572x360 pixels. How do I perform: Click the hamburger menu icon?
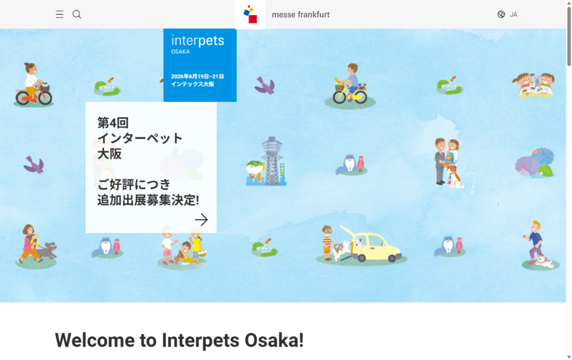(60, 15)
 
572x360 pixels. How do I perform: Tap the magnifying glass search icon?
(77, 15)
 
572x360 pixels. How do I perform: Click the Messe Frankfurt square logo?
(250, 15)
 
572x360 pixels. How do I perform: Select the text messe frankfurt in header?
(301, 15)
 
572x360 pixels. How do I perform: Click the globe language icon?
(501, 15)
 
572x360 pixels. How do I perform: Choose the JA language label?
(513, 15)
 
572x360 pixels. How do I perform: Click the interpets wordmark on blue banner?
(198, 41)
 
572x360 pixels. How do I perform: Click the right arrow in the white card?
(201, 220)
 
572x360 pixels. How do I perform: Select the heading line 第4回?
(113, 122)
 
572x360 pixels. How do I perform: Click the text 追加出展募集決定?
(148, 200)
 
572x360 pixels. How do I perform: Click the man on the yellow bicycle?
(350, 84)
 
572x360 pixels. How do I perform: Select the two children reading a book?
(535, 85)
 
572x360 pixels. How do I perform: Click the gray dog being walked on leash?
(47, 249)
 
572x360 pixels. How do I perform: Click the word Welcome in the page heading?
(94, 340)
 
